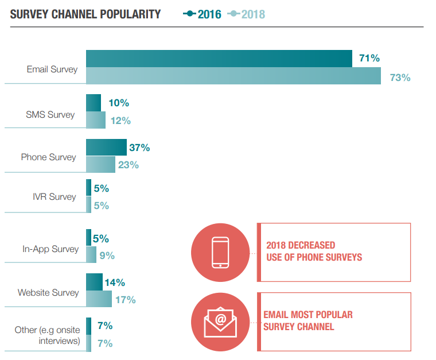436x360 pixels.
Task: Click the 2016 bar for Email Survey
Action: coord(219,59)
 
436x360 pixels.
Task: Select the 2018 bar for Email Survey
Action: coord(233,76)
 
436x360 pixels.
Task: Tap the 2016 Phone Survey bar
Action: coord(106,148)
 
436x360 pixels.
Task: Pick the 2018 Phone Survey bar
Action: coord(100,164)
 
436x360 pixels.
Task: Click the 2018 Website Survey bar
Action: coord(99,299)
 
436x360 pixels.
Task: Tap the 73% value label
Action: coord(400,77)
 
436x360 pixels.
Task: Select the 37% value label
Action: coord(139,148)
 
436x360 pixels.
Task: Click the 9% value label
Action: coord(107,256)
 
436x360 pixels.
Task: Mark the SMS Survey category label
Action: coord(50,114)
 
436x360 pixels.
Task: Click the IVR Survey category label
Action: coord(54,196)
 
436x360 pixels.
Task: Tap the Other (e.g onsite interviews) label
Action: coord(47,336)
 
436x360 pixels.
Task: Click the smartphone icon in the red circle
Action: coord(220,253)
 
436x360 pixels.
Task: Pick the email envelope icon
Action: coord(220,322)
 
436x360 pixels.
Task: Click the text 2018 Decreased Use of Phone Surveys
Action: coord(314,251)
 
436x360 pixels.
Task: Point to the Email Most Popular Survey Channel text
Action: coord(308,321)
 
